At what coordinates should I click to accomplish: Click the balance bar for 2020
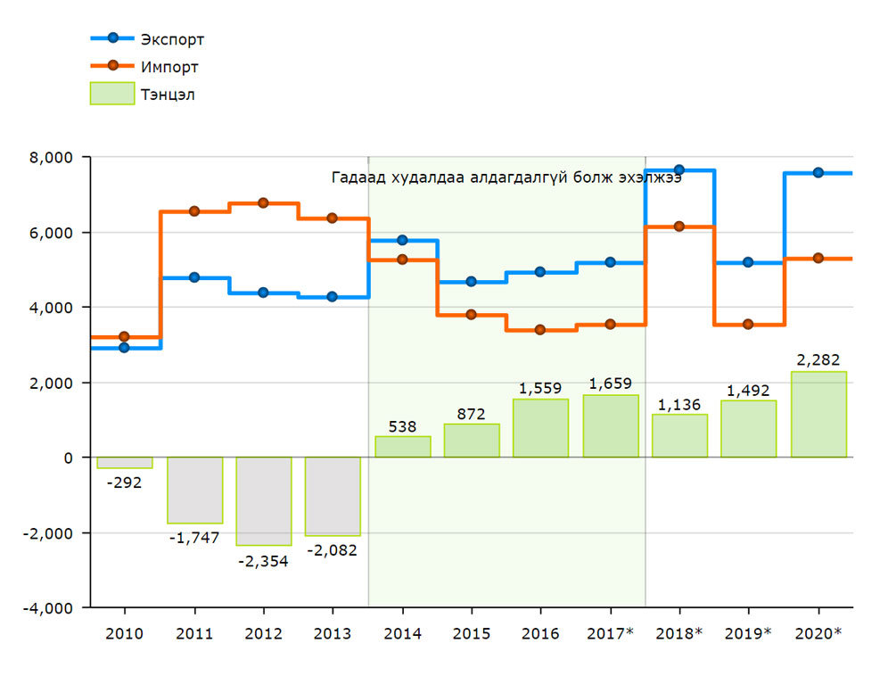click(x=818, y=415)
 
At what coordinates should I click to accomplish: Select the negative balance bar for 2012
click(x=263, y=500)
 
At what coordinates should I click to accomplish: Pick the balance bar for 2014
click(x=402, y=447)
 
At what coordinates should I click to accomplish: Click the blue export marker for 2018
click(x=679, y=169)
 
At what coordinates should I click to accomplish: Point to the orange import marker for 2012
click(x=263, y=203)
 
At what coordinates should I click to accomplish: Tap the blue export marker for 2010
click(x=124, y=348)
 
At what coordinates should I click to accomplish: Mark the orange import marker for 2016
click(x=540, y=330)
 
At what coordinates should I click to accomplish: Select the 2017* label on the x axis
click(x=610, y=633)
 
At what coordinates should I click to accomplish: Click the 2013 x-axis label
click(x=332, y=633)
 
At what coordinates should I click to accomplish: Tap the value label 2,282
click(x=818, y=359)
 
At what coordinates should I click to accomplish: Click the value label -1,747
click(x=194, y=538)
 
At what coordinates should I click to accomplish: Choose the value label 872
click(x=471, y=413)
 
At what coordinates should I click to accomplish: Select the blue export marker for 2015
click(x=471, y=282)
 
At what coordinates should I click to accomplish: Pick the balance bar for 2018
click(x=679, y=436)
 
